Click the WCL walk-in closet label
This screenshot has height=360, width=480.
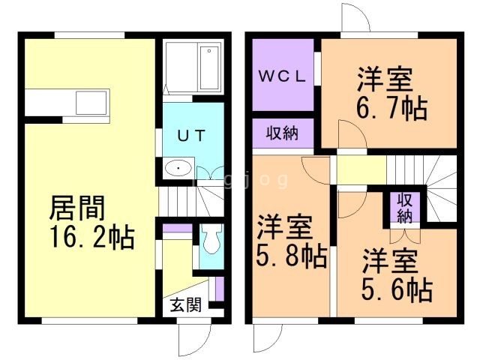282,76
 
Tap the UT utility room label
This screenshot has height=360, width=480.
192,136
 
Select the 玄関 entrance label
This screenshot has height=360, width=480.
186,304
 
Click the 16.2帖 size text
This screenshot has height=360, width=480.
92,236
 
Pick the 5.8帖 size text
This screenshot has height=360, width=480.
291,256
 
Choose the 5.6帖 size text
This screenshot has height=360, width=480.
397,289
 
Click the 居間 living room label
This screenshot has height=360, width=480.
77,208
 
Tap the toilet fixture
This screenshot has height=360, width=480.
212,238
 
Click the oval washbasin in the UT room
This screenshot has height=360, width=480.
178,168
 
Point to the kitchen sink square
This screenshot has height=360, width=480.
91,103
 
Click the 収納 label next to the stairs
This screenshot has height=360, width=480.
405,208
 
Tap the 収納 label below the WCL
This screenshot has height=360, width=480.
282,133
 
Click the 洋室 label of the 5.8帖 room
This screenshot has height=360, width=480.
284,227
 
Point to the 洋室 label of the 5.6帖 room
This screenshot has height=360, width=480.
390,261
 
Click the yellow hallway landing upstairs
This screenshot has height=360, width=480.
361,170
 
